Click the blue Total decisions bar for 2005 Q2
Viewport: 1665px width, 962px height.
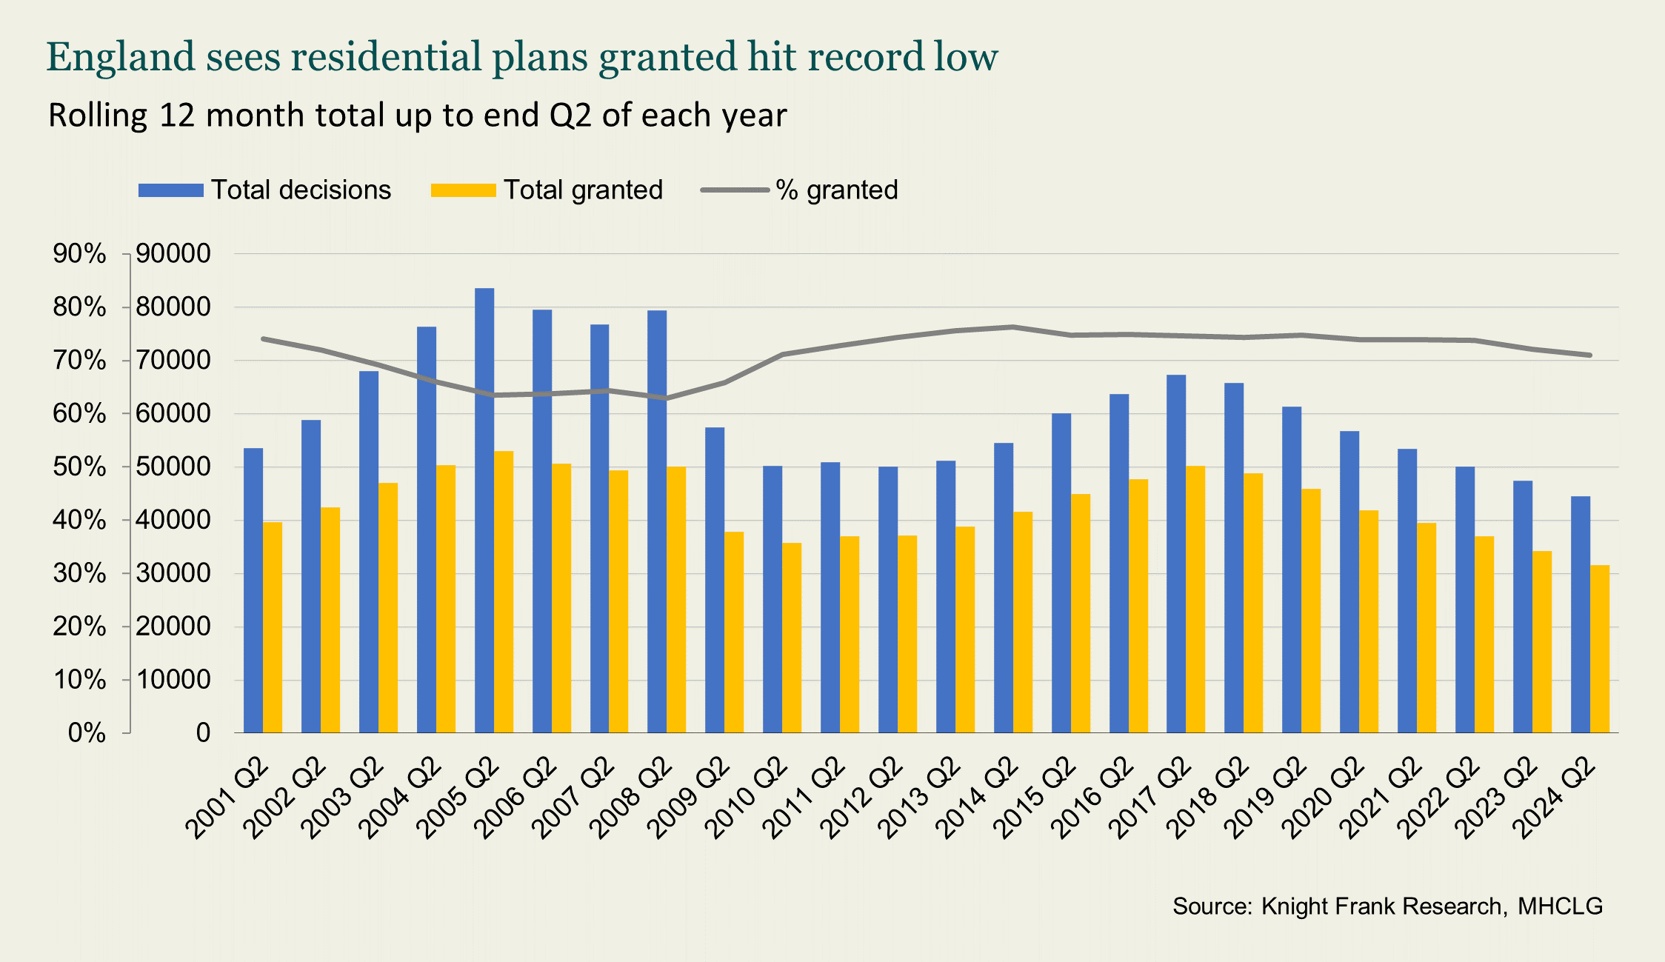click(x=484, y=511)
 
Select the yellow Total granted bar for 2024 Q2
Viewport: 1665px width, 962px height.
click(x=1599, y=649)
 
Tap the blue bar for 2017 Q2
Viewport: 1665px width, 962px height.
click(x=1176, y=554)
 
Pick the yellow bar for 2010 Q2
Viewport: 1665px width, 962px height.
click(x=792, y=638)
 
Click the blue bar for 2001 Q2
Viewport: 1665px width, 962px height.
click(x=253, y=590)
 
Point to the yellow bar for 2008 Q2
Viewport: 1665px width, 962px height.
click(x=676, y=600)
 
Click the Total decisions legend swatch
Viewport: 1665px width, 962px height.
click(x=171, y=190)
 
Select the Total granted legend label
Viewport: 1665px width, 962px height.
click(x=583, y=190)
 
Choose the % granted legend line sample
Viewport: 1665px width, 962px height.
click(x=735, y=190)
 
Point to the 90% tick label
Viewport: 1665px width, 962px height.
click(x=79, y=254)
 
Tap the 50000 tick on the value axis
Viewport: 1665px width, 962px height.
click(x=173, y=467)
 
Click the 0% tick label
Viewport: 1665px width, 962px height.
click(x=87, y=733)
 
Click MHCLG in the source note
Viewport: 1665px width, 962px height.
click(x=1560, y=906)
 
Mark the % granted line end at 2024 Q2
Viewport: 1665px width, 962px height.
click(x=1589, y=355)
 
